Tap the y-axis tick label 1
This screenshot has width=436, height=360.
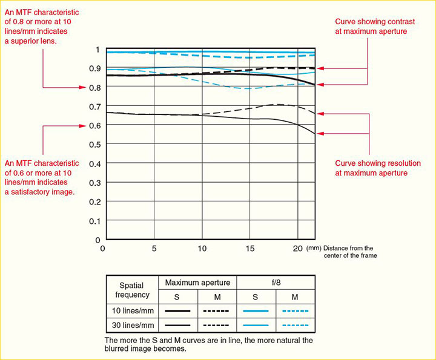point(98,50)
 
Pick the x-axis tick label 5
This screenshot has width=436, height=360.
point(154,249)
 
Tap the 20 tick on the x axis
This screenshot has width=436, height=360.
point(298,249)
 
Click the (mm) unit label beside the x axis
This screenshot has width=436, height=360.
point(313,248)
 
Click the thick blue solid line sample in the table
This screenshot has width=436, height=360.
point(255,311)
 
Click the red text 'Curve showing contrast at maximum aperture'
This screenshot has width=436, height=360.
point(370,26)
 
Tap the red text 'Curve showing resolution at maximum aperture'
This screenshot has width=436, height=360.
point(371,168)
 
